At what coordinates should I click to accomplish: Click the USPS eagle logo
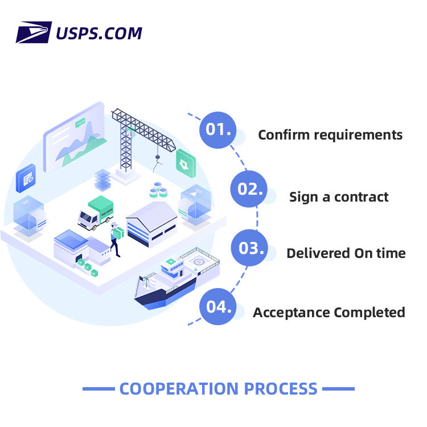[34, 32]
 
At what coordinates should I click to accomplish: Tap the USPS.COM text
[99, 34]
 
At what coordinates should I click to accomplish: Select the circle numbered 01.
[218, 130]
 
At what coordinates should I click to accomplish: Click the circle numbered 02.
[249, 189]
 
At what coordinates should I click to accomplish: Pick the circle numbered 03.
[249, 248]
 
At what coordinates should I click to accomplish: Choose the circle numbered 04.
[218, 307]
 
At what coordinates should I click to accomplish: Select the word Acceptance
[291, 313]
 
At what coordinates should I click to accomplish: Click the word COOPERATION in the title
[179, 389]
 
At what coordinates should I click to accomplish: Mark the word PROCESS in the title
[281, 389]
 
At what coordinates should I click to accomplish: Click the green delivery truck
[96, 213]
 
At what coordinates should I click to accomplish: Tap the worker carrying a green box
[116, 239]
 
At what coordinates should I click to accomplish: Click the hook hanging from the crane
[157, 163]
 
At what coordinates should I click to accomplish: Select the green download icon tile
[186, 163]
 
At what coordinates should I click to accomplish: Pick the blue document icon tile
[26, 178]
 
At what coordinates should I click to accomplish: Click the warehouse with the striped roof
[151, 224]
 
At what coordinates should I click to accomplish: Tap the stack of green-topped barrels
[158, 190]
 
